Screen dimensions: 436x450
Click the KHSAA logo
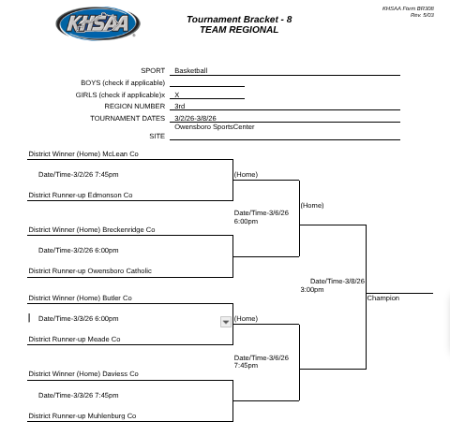pyautogui.click(x=97, y=24)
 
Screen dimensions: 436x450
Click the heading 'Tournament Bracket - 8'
pyautogui.click(x=238, y=20)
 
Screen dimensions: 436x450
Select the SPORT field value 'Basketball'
pyautogui.click(x=191, y=70)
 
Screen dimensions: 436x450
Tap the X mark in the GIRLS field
pyautogui.click(x=177, y=94)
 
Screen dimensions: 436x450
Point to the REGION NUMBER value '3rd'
pyautogui.click(x=180, y=107)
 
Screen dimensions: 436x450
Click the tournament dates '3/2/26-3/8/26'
pyautogui.click(x=195, y=119)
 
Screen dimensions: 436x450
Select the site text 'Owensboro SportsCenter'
pyautogui.click(x=214, y=127)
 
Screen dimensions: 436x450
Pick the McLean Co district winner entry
pyautogui.click(x=83, y=153)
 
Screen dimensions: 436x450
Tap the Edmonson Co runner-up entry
pyautogui.click(x=81, y=196)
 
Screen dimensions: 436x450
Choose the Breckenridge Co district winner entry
pyautogui.click(x=92, y=229)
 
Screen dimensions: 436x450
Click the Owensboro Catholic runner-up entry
pyautogui.click(x=90, y=271)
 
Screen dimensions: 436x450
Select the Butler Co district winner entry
pyautogui.click(x=80, y=298)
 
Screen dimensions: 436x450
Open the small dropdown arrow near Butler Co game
pyautogui.click(x=225, y=322)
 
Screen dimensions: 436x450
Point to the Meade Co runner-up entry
pyautogui.click(x=74, y=340)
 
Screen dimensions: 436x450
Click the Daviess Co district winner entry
pyautogui.click(x=83, y=373)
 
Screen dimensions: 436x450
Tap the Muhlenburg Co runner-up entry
pyautogui.click(x=82, y=415)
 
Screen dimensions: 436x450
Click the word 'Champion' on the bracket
pyautogui.click(x=382, y=298)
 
